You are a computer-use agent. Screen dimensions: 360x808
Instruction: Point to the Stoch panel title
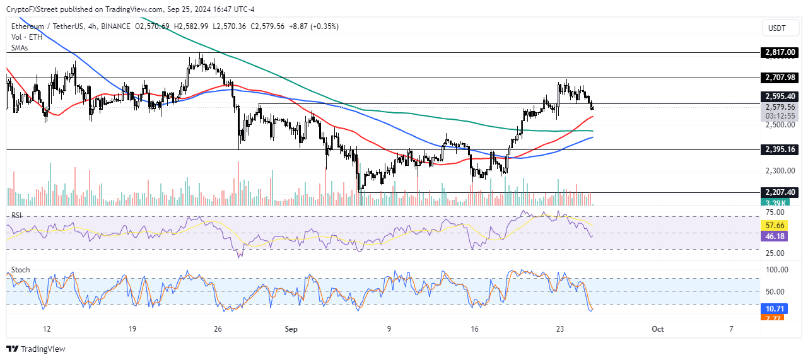20,270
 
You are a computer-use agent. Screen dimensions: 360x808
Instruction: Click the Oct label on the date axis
658,328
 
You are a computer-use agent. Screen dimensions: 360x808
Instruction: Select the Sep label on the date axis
291,328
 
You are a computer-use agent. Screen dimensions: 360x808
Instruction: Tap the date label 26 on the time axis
218,328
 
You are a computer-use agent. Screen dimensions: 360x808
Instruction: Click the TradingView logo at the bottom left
36,349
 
